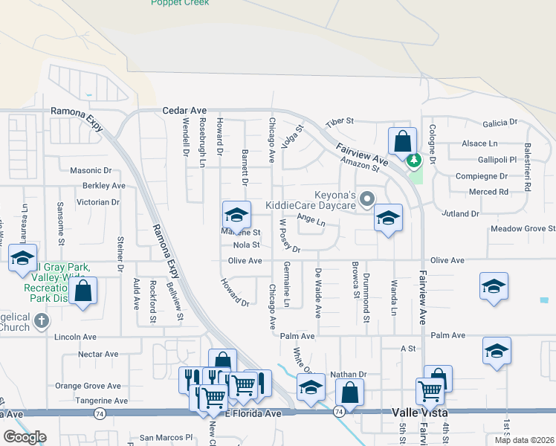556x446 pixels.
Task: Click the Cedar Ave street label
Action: (x=184, y=111)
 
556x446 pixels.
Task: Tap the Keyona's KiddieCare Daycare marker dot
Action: (x=366, y=198)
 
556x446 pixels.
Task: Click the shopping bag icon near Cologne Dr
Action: (x=402, y=140)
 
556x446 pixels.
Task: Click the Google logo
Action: (x=25, y=437)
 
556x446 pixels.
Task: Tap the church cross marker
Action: (x=42, y=322)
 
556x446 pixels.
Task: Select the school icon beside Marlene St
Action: (x=236, y=215)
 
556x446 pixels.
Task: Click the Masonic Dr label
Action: (x=90, y=170)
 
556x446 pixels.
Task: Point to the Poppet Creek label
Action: (x=180, y=3)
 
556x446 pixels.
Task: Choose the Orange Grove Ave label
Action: (x=88, y=386)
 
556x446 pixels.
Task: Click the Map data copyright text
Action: (x=523, y=439)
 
